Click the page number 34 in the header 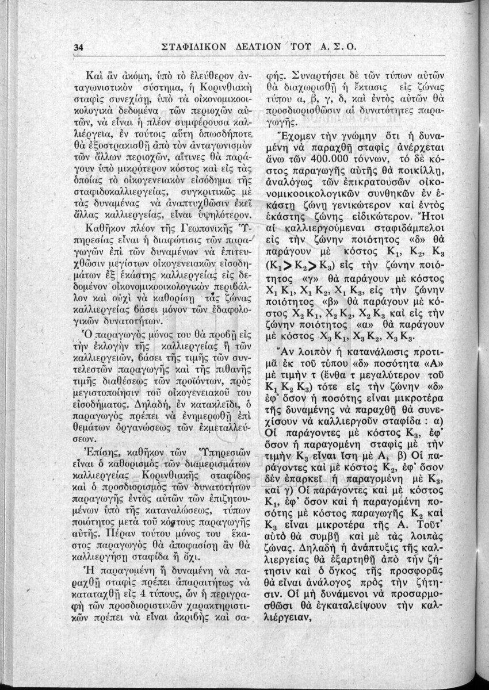click(79, 48)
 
